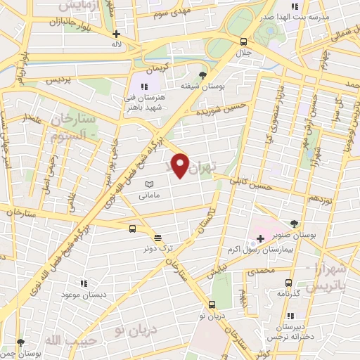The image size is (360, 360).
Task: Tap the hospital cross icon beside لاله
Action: click(x=116, y=33)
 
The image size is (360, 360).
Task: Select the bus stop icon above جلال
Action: click(x=243, y=41)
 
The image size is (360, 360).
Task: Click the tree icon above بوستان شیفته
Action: click(x=203, y=75)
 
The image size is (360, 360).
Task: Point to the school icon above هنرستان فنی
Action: click(x=145, y=86)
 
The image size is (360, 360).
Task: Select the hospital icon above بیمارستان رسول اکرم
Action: click(x=259, y=239)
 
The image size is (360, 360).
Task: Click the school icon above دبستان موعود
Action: click(x=83, y=283)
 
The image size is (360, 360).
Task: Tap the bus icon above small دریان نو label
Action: click(x=212, y=304)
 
